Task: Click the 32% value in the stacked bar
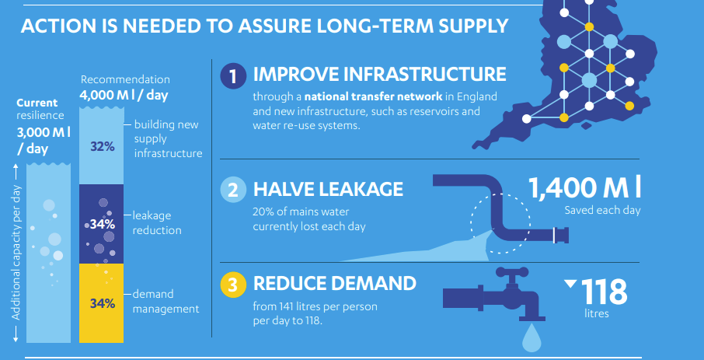[x=103, y=146]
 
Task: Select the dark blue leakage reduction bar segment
[x=101, y=224]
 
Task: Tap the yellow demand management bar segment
[x=101, y=303]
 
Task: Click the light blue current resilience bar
[x=48, y=253]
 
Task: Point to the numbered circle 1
[x=233, y=75]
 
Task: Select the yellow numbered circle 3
[x=233, y=285]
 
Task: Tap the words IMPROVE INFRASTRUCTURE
[x=379, y=74]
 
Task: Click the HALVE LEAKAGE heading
[x=328, y=189]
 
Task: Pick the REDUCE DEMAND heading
[x=334, y=284]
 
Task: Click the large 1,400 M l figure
[x=584, y=188]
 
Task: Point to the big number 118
[x=604, y=292]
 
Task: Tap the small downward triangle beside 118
[x=570, y=284]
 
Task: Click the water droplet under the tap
[x=532, y=338]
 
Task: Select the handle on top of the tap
[x=512, y=272]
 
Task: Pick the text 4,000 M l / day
[x=124, y=96]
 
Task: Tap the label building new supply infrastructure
[x=169, y=139]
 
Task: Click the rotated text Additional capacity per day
[x=16, y=253]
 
